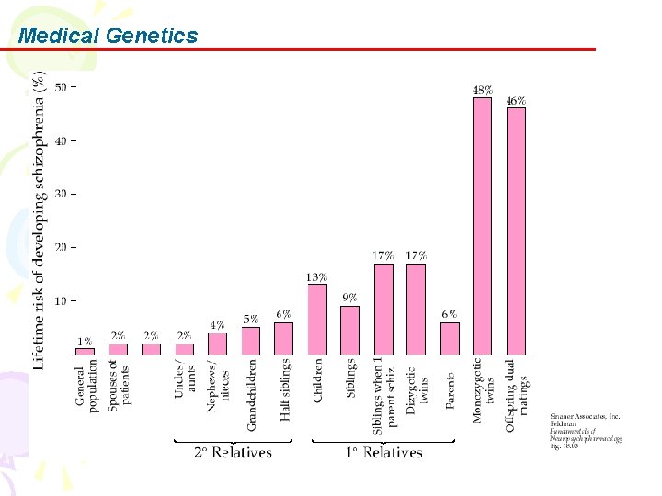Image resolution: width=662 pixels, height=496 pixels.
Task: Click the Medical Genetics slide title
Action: pos(108,36)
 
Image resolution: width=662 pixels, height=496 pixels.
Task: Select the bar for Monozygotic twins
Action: pos(482,225)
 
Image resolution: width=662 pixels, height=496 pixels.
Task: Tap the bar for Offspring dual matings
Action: pos(516,231)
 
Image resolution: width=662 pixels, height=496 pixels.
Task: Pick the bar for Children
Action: pos(317,319)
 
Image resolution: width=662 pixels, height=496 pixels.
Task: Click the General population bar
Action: pos(85,350)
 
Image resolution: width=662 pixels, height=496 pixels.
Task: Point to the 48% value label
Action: pos(482,90)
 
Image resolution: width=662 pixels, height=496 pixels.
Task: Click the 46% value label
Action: pos(516,101)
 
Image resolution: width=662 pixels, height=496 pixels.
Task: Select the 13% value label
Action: pos(317,276)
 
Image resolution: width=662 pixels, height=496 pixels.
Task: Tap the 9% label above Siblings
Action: pos(350,298)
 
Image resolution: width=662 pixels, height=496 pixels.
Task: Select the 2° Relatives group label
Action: pos(233,452)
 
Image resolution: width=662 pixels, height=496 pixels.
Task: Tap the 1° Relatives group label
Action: pos(383,452)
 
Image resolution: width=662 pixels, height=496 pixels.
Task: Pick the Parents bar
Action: pos(450,337)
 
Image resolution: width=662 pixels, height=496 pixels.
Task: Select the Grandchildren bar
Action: pos(251,340)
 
